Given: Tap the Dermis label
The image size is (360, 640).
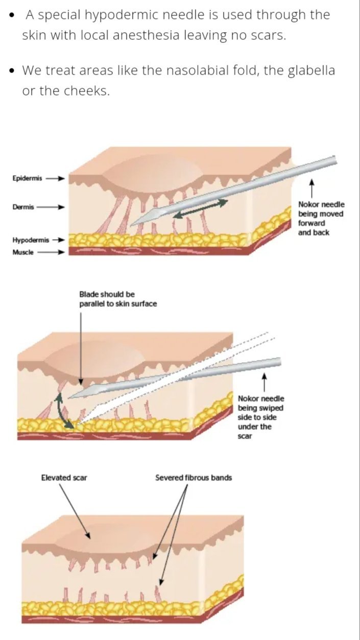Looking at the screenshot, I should [23, 207].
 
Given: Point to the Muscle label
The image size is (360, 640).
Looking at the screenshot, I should [23, 252].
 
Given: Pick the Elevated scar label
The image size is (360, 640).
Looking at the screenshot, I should [63, 478].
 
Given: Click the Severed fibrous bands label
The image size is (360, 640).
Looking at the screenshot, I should [194, 478].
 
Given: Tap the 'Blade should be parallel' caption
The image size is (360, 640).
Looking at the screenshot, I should [118, 299].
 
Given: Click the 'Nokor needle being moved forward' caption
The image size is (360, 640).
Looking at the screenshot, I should [321, 218].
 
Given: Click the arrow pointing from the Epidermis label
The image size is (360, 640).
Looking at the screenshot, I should [56, 179].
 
